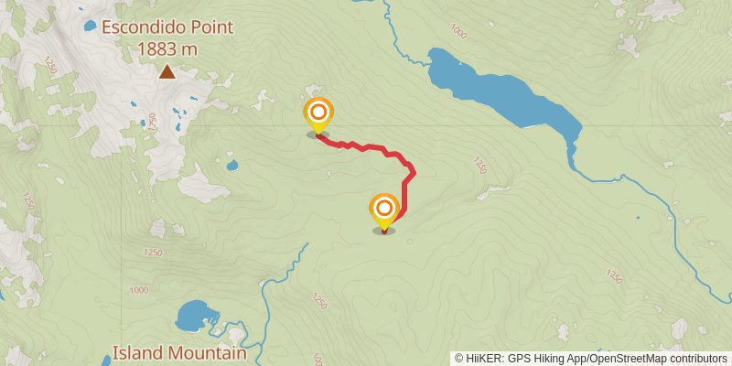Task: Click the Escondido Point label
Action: pos(167,27)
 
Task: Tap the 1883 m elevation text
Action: pos(167,50)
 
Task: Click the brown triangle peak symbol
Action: pos(167,72)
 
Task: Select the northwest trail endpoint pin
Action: pos(318,113)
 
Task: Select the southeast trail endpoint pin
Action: pos(383,210)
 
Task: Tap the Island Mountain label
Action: pos(179,353)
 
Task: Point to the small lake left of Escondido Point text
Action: pos(90,26)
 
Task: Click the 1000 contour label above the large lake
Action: pos(458,34)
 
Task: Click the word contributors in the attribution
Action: pos(697,359)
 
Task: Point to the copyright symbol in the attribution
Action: pos(459,359)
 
